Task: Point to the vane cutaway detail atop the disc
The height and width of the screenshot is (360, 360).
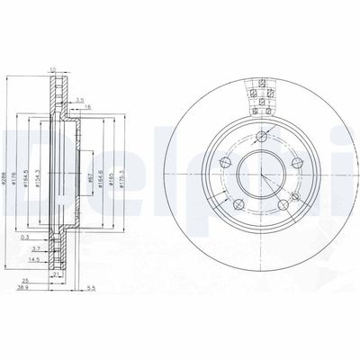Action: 259,94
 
